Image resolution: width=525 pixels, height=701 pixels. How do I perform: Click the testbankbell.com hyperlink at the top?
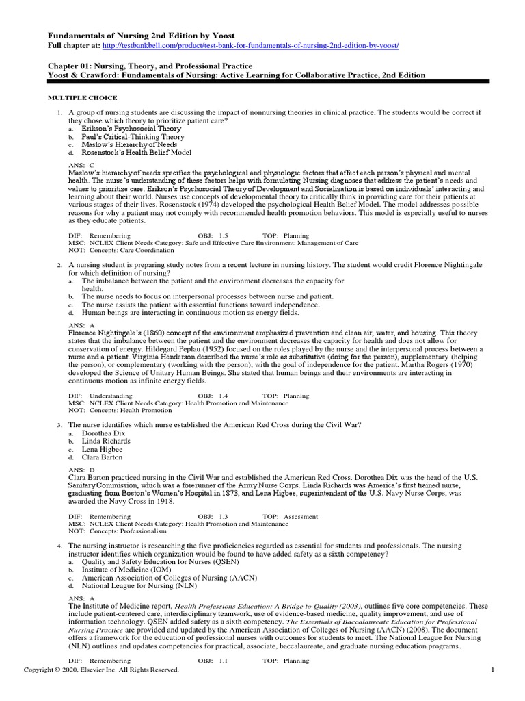point(250,45)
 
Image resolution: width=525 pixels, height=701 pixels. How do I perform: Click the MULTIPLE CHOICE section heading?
point(82,98)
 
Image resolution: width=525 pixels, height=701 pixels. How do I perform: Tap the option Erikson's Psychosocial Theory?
point(131,129)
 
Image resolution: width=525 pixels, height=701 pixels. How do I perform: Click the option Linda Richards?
point(106,442)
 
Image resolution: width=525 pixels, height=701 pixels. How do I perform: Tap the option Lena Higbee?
point(103,450)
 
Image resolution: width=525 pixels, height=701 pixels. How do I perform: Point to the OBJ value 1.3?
point(224,517)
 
